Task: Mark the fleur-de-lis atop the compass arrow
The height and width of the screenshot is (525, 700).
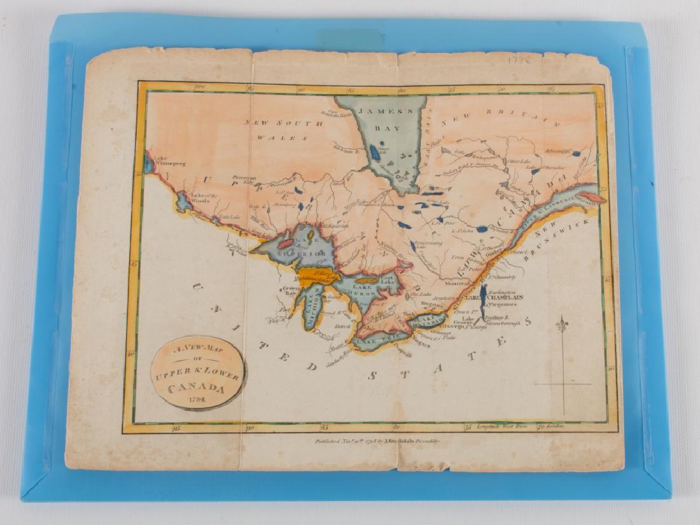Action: [x=562, y=325]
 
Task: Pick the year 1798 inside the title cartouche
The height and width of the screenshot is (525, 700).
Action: [x=197, y=400]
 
